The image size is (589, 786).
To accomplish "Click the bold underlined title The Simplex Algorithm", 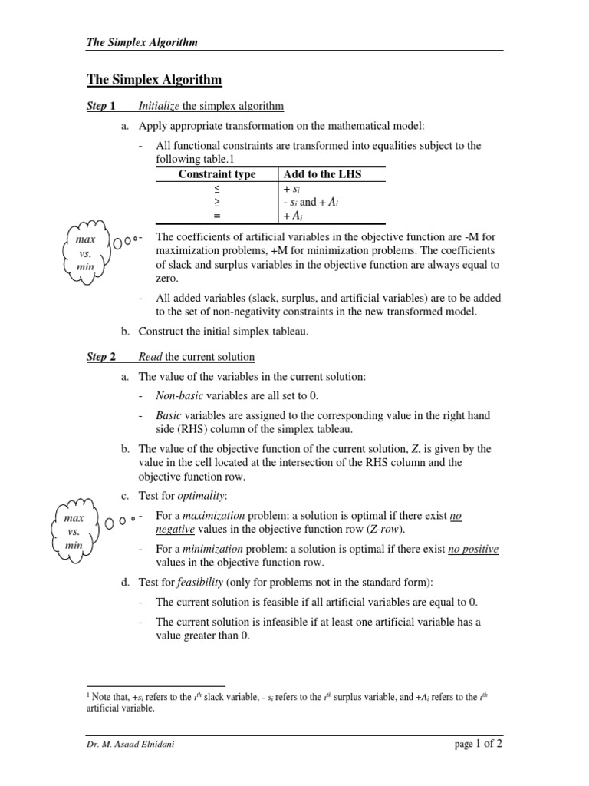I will click(153, 80).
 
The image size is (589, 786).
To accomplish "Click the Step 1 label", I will click(101, 105).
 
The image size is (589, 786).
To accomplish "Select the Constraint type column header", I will click(217, 174).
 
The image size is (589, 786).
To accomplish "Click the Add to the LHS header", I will click(322, 174).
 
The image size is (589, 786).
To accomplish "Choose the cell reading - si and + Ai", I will click(311, 202).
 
